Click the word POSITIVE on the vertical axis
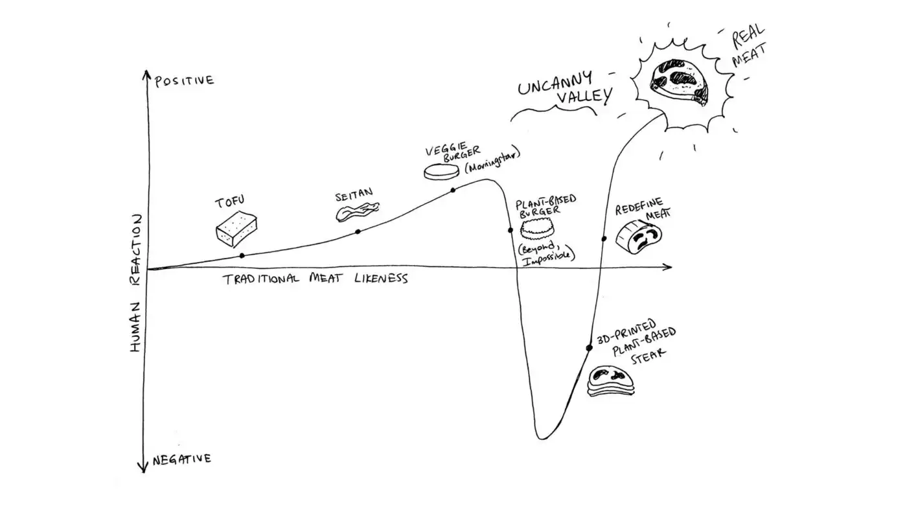click(184, 81)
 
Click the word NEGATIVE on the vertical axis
click(181, 459)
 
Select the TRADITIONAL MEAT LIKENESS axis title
click(316, 279)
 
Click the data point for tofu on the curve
click(242, 256)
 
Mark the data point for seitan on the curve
click(358, 231)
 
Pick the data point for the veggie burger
click(453, 190)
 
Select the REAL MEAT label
click(748, 50)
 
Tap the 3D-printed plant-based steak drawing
click(611, 381)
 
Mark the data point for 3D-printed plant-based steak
click(589, 348)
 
